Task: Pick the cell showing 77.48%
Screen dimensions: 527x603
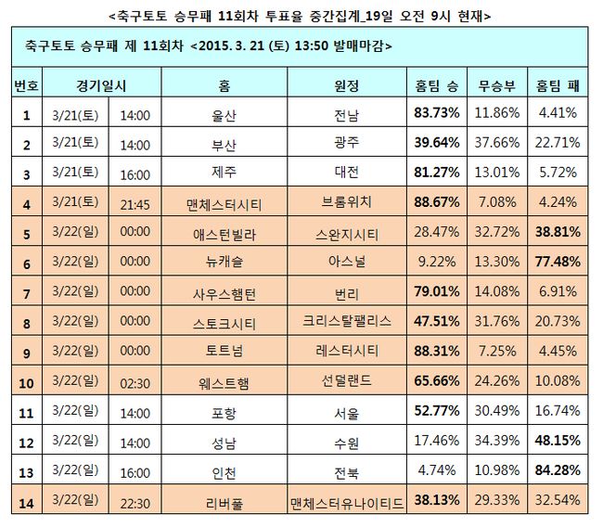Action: click(558, 263)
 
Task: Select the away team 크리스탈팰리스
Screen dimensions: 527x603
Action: click(346, 323)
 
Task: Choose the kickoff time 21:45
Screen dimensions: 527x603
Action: click(135, 203)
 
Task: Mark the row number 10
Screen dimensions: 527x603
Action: click(27, 382)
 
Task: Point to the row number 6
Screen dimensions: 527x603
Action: click(27, 263)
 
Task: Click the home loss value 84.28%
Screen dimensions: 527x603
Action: click(558, 471)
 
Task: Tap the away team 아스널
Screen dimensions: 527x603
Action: click(346, 263)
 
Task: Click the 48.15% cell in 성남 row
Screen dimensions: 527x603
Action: click(558, 442)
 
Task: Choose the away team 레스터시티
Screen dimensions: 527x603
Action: click(346, 353)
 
